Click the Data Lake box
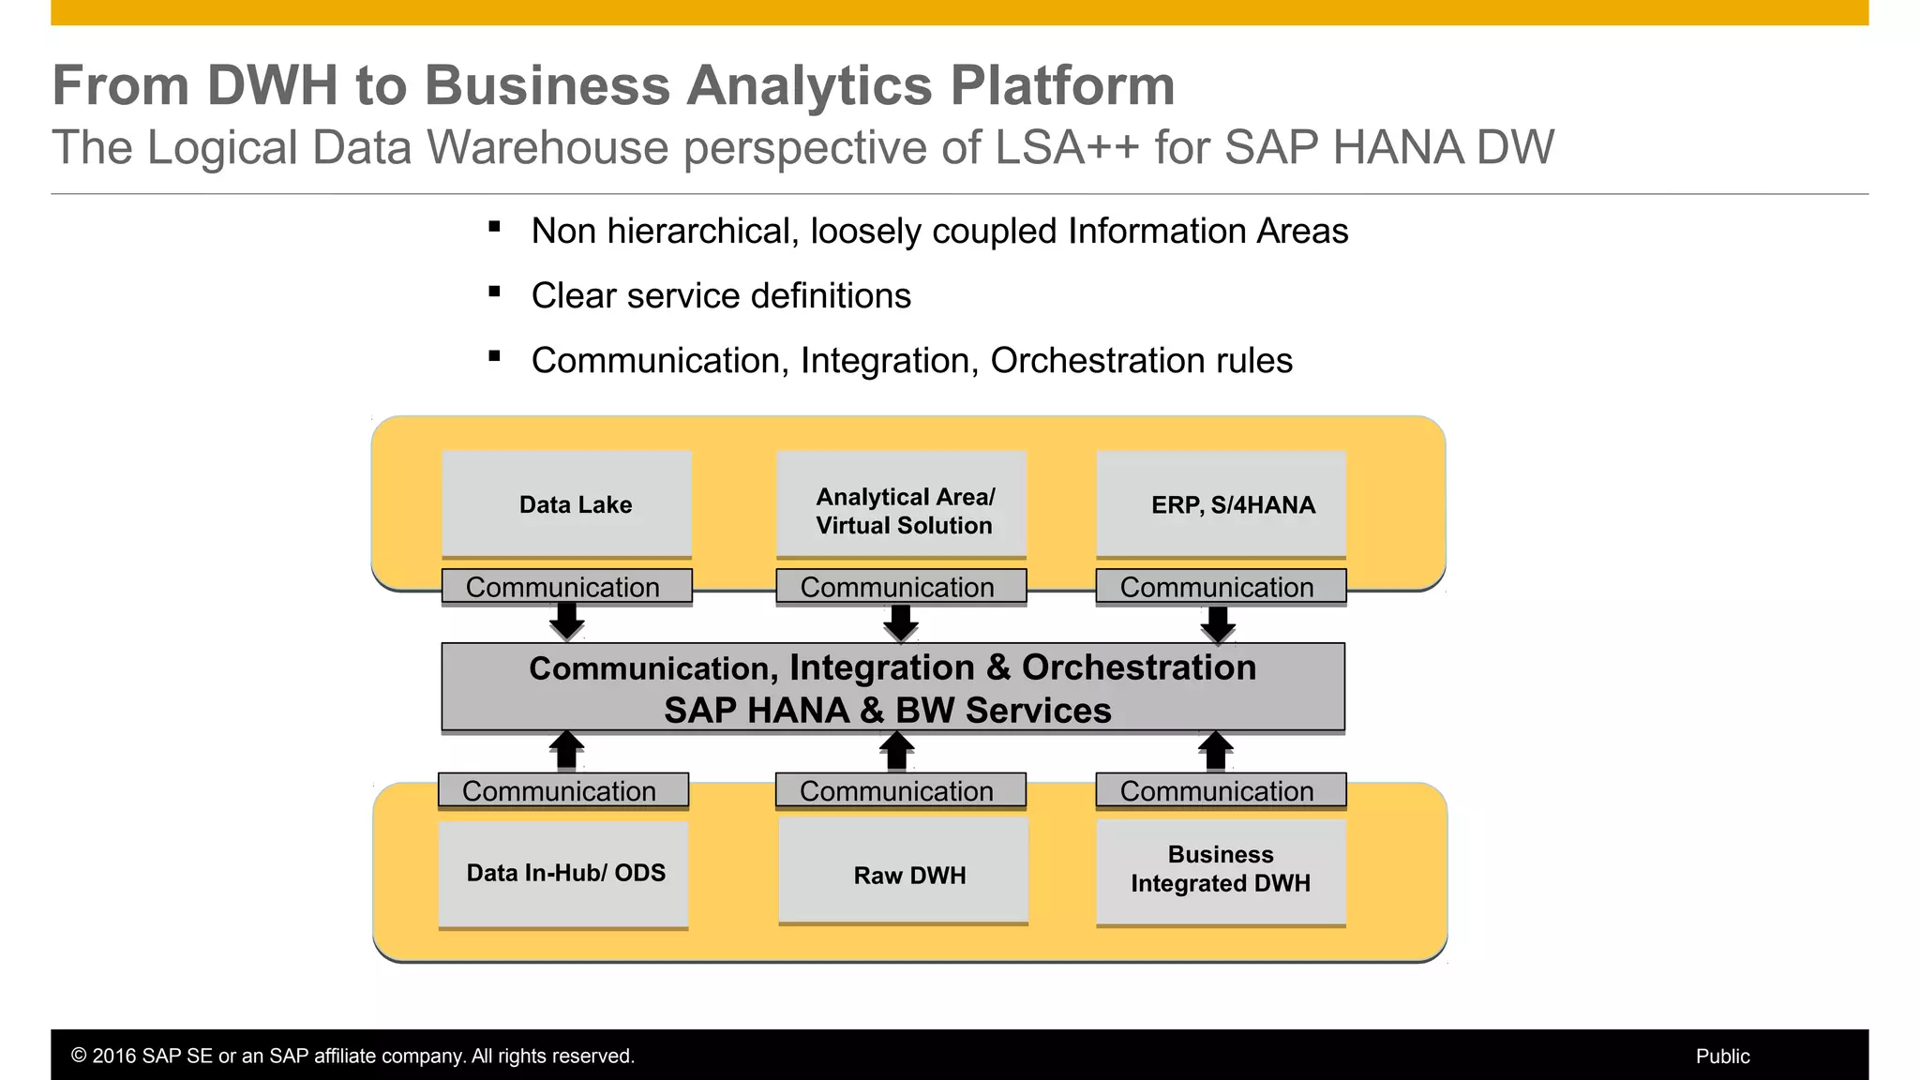pyautogui.click(x=566, y=504)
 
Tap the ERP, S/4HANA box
pyautogui.click(x=1221, y=504)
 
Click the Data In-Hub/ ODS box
pyautogui.click(x=563, y=874)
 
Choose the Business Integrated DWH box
pyautogui.click(x=1221, y=871)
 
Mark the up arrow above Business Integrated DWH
pyautogui.click(x=1216, y=751)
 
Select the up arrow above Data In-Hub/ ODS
pyautogui.click(x=566, y=751)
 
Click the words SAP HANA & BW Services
pyautogui.click(x=887, y=711)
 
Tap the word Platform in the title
pyautogui.click(x=1062, y=85)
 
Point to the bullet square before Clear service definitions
pyautogui.click(x=494, y=292)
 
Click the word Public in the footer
pyautogui.click(x=1722, y=1057)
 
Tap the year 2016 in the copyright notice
pyautogui.click(x=112, y=1057)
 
